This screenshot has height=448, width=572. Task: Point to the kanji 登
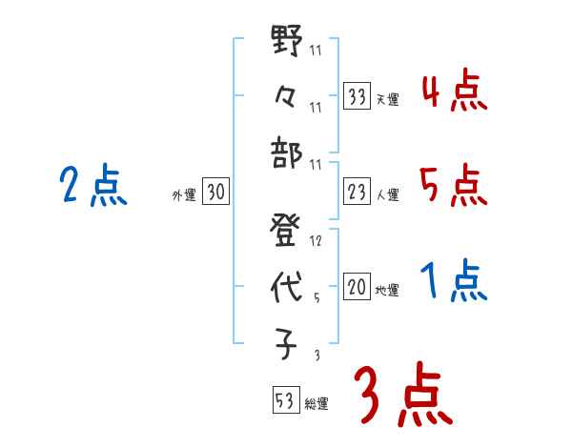pos(286,233)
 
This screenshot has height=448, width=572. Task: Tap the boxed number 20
pos(357,287)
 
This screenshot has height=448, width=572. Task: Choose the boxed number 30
pos(215,193)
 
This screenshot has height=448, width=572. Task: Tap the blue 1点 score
pos(454,281)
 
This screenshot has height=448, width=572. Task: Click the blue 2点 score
pos(93,186)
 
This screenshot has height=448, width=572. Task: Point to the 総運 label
pos(317,403)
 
